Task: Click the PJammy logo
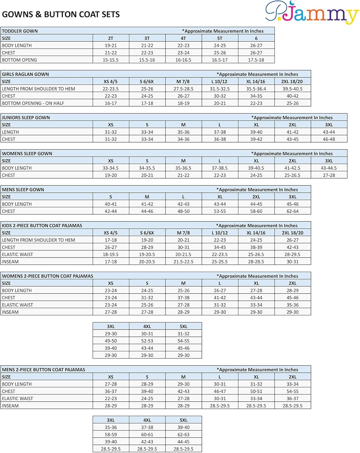pos(312,13)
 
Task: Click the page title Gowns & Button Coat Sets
pos(61,14)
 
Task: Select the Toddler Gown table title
pos(20,31)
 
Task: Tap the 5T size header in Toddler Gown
pos(220,38)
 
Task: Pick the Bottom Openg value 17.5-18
pos(256,60)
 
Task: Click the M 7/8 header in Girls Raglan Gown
pos(183,82)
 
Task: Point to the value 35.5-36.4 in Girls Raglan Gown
pos(256,89)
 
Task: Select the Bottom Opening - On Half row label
pos(33,103)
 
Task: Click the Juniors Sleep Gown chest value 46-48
pos(329,139)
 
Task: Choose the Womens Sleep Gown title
pos(27,153)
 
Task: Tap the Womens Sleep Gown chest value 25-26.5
pos(292,175)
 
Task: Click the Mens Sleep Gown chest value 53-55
pos(220,211)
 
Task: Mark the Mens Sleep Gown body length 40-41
pos(110,204)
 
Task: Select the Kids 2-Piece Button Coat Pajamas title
pos(42,226)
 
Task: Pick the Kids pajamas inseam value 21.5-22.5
pos(183,262)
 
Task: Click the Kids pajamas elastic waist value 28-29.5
pos(292,255)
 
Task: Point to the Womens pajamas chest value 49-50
pos(110,341)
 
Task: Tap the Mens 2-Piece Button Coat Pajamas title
pos(43,370)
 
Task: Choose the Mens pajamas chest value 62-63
pos(183,435)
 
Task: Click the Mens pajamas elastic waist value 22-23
pos(110,399)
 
